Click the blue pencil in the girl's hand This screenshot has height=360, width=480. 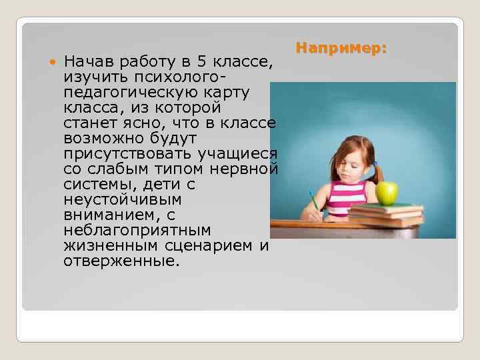coord(311,200)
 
